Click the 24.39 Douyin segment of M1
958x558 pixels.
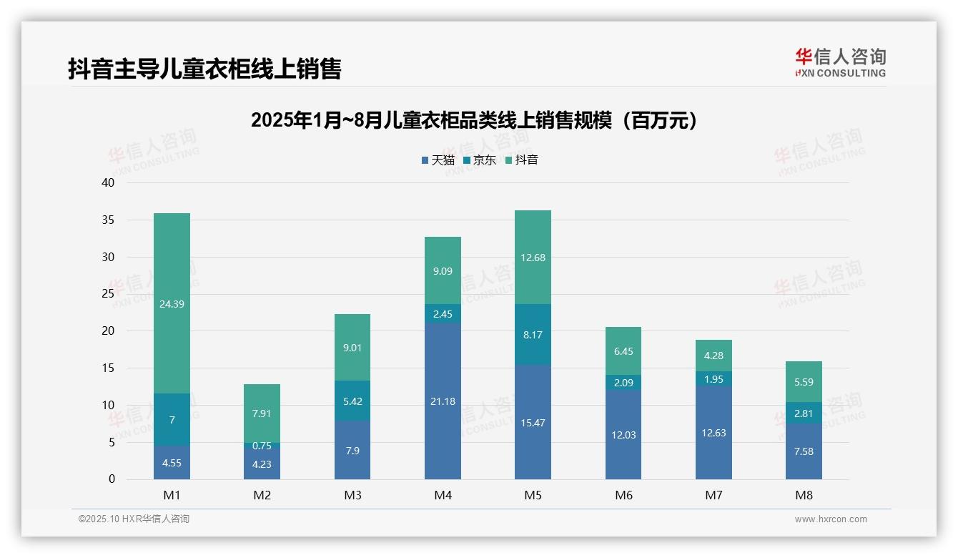[x=172, y=303]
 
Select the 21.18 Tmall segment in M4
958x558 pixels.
[x=443, y=401]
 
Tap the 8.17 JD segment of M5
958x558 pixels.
[x=533, y=334]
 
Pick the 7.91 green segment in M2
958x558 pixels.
[x=262, y=413]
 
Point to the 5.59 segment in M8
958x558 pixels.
[x=804, y=381]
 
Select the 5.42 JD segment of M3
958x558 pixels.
[x=352, y=401]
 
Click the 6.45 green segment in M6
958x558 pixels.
[x=623, y=351]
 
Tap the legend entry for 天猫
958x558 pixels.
[x=438, y=160]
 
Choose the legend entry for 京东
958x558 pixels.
[x=480, y=160]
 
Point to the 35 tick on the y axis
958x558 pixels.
[x=108, y=220]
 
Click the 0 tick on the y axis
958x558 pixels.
[x=112, y=479]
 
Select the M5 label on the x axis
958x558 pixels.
[x=533, y=495]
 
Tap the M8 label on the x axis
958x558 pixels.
[x=804, y=495]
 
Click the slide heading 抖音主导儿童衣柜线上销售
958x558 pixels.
[x=204, y=69]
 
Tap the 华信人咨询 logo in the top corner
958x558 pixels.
[x=840, y=62]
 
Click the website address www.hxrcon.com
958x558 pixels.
[x=831, y=519]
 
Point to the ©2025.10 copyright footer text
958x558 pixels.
[x=134, y=519]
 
